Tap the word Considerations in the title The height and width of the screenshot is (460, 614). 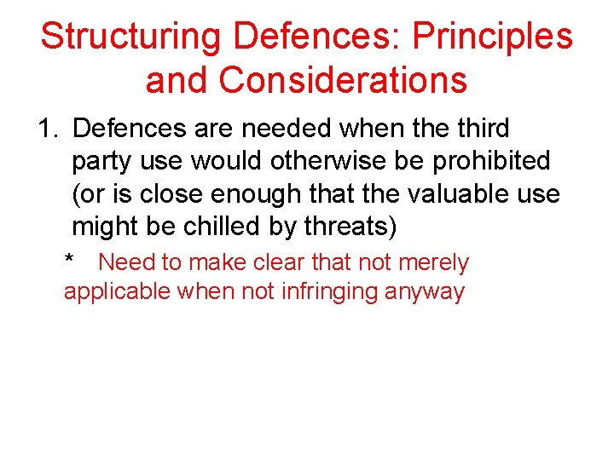click(x=343, y=80)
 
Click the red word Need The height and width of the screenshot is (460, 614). click(x=127, y=262)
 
